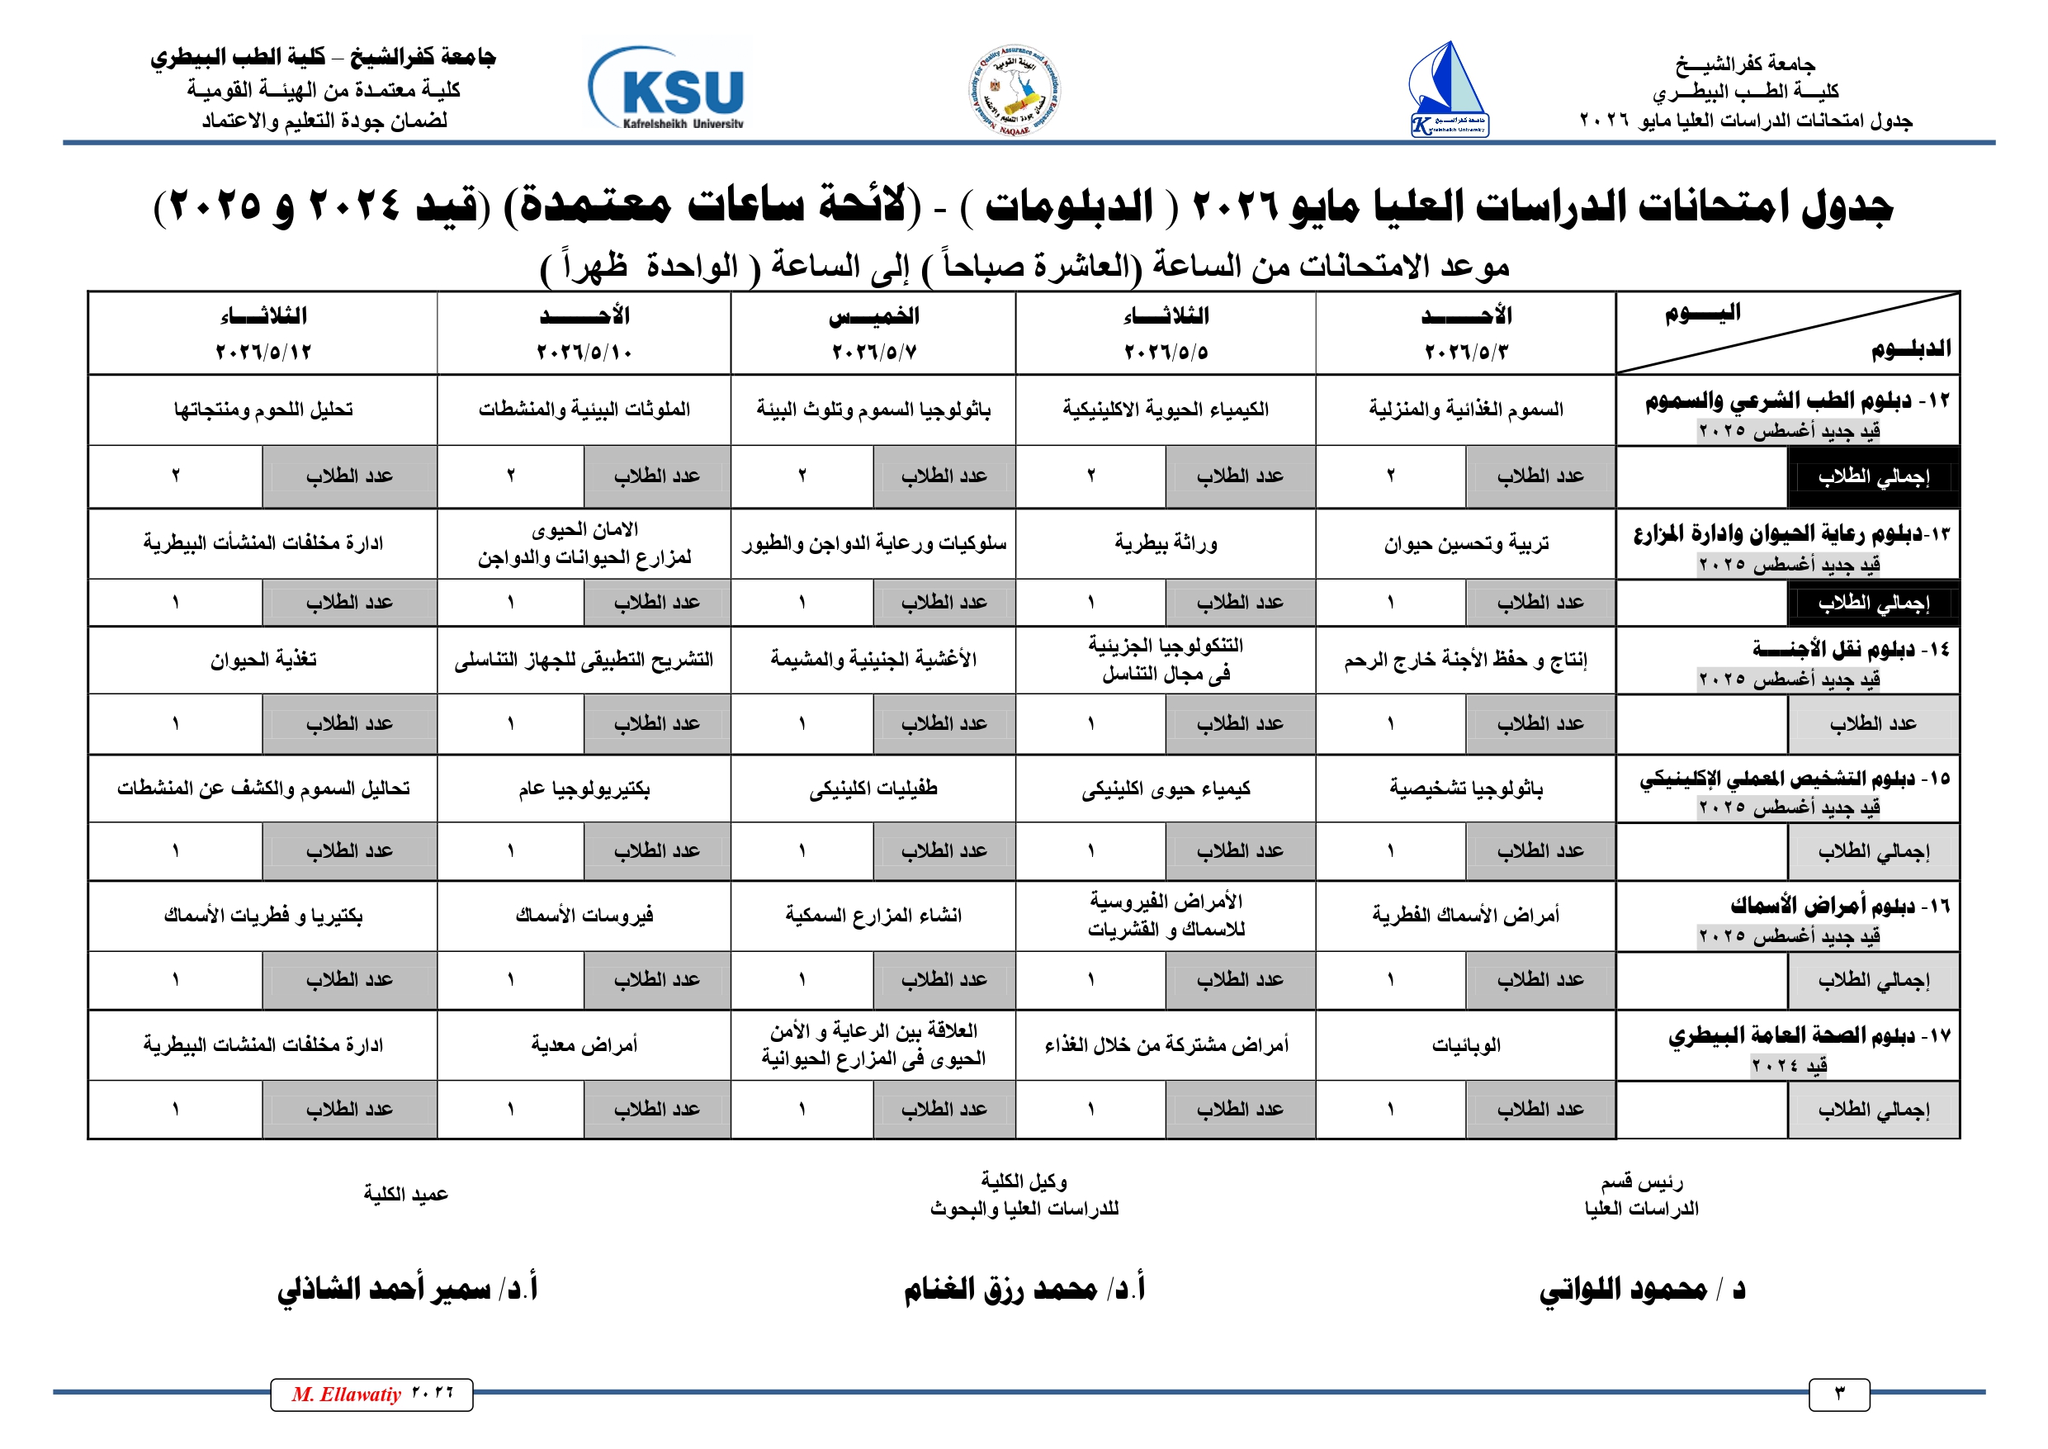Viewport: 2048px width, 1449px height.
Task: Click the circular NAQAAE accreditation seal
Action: click(x=1015, y=90)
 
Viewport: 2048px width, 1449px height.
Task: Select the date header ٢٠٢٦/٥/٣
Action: click(x=1465, y=352)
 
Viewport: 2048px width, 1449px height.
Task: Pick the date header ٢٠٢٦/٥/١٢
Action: click(x=263, y=352)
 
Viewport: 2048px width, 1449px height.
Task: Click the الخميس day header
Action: click(x=873, y=316)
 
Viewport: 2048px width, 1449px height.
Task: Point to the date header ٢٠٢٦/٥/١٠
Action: click(x=584, y=352)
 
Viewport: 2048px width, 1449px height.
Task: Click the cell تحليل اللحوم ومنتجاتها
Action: click(x=263, y=410)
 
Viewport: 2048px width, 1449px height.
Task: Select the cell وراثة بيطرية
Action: click(x=1166, y=542)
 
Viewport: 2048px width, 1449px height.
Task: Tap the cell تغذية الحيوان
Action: click(x=263, y=660)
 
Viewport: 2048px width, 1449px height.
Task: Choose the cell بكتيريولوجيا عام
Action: click(x=584, y=788)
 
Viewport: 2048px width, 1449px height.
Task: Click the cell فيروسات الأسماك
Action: click(x=584, y=916)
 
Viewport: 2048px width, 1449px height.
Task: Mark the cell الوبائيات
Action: click(x=1465, y=1044)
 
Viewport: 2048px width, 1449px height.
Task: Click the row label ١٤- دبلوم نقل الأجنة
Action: click(x=1850, y=650)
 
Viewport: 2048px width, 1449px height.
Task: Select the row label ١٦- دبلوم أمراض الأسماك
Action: click(x=1839, y=907)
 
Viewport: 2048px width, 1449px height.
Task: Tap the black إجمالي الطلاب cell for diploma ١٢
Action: click(x=1873, y=476)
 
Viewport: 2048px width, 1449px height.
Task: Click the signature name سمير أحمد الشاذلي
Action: click(x=408, y=1288)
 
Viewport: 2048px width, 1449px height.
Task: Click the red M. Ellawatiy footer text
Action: click(x=347, y=1395)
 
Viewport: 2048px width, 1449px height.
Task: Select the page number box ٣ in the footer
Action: click(x=1838, y=1395)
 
